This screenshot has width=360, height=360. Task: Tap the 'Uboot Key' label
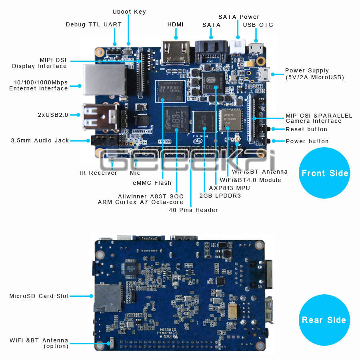(129, 12)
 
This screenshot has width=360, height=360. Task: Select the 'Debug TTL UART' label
(94, 24)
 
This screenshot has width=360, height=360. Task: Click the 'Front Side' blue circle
(324, 173)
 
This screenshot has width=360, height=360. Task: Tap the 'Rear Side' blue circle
(324, 320)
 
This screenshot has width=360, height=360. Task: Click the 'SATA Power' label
(239, 17)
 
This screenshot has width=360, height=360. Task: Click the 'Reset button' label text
(306, 129)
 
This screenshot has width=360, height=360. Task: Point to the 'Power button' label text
(307, 141)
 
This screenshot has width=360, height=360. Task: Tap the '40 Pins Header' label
(193, 210)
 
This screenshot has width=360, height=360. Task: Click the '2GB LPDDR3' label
(220, 196)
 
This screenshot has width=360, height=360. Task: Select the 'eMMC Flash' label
(152, 183)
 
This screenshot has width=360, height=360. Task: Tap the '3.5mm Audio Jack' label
(40, 140)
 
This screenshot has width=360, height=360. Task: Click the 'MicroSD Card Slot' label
(39, 296)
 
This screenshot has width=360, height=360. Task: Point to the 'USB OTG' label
(258, 25)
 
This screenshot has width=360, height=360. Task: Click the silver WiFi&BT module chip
(231, 119)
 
